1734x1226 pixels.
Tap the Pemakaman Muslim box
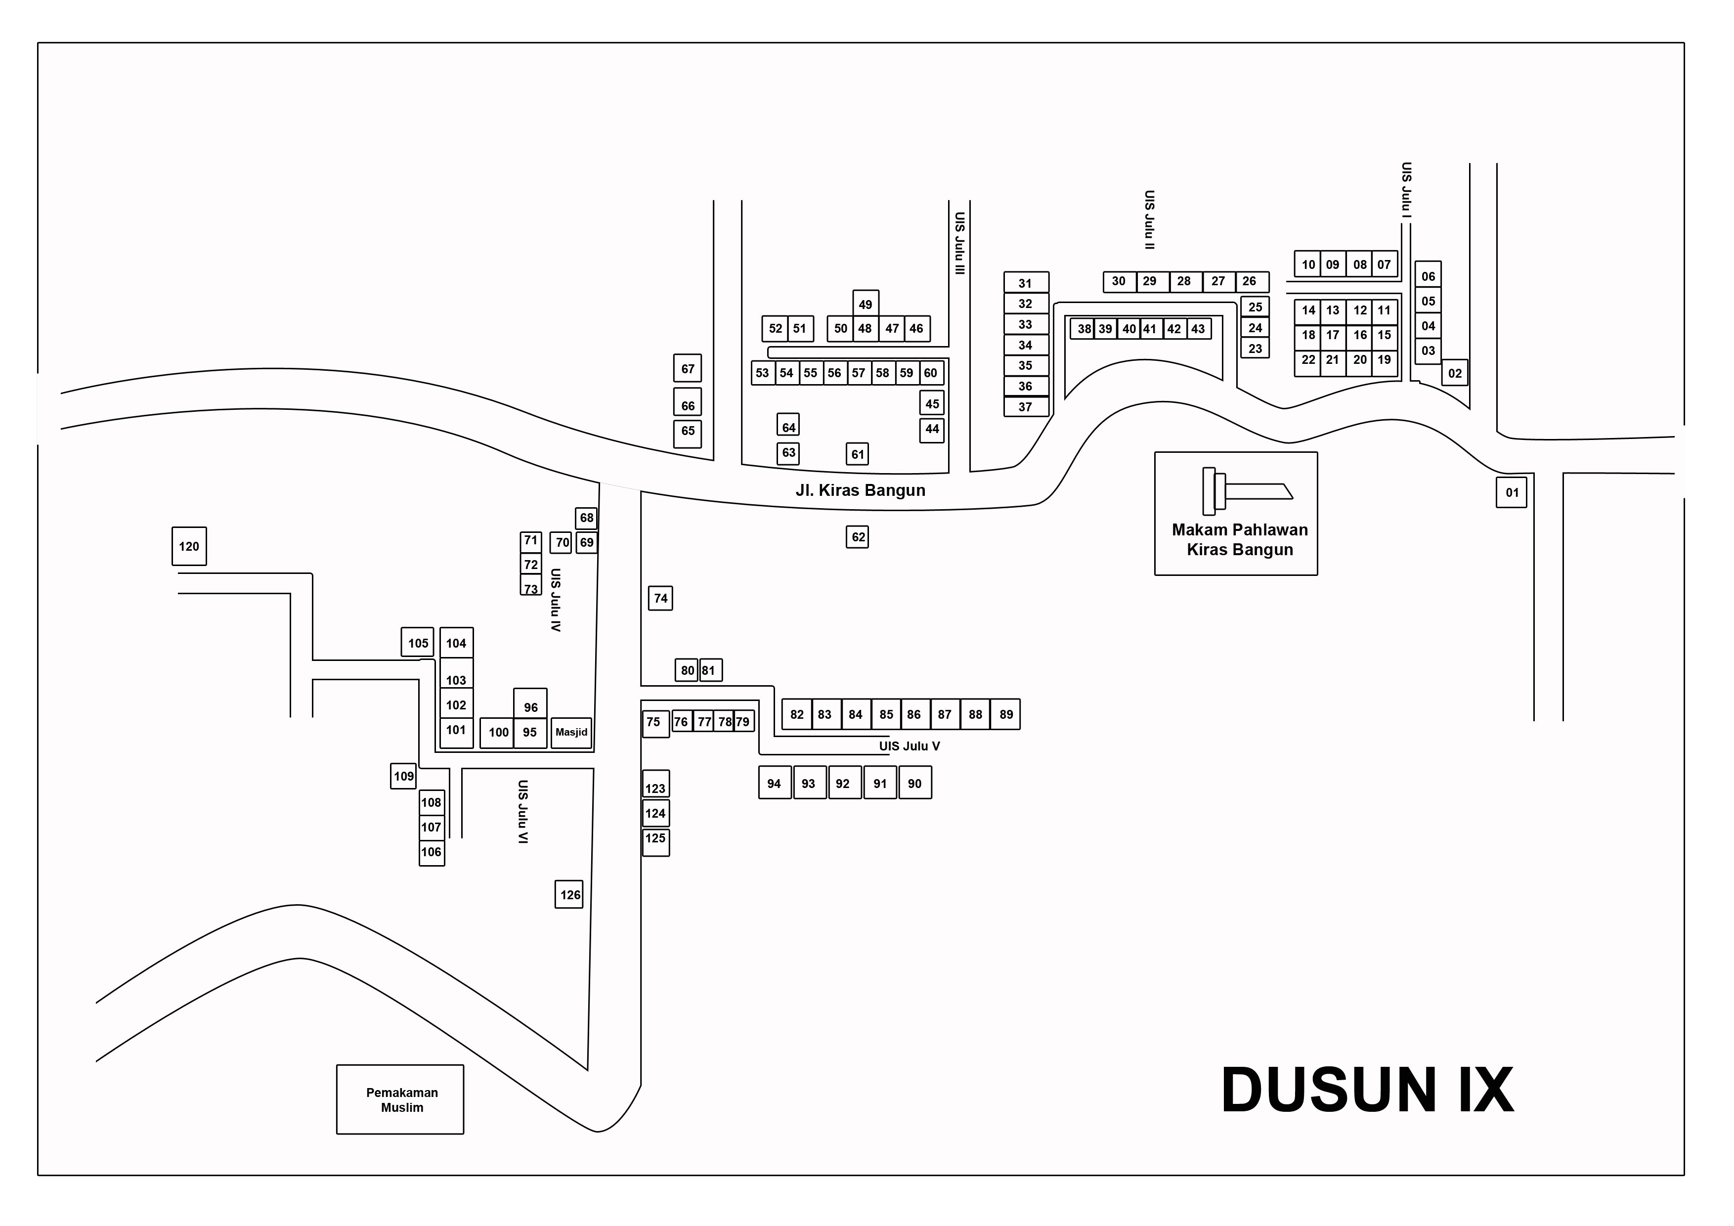[x=401, y=1100]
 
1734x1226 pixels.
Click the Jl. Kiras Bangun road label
[x=860, y=490]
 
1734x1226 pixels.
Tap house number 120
[x=189, y=546]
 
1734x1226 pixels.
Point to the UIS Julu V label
[x=910, y=746]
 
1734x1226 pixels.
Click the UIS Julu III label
[x=959, y=243]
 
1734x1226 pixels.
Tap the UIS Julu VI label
[x=522, y=812]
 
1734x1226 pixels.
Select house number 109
[x=403, y=776]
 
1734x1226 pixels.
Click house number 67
[x=687, y=369]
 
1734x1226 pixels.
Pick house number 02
[x=1455, y=373]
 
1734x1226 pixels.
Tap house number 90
[x=914, y=784]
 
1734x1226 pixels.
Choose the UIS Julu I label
[x=1406, y=190]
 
